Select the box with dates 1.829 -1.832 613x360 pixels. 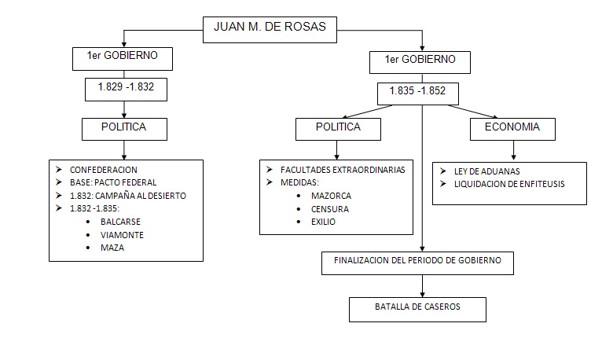coord(125,88)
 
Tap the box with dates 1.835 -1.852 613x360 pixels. coord(417,91)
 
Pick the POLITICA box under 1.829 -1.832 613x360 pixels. coord(124,127)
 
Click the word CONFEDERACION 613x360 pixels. coord(104,170)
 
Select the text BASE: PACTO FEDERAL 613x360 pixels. coord(113,182)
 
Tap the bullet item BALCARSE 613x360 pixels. coord(120,222)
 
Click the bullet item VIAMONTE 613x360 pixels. coord(122,234)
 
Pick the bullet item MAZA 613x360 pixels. coord(113,247)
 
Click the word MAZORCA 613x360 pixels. coord(331,196)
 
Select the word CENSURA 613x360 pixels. coord(329,209)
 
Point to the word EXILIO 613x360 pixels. coord(323,222)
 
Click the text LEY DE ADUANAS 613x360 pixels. coord(486,171)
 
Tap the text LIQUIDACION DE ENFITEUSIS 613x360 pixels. coord(509,184)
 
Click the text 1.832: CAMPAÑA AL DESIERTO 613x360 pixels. coord(128,196)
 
